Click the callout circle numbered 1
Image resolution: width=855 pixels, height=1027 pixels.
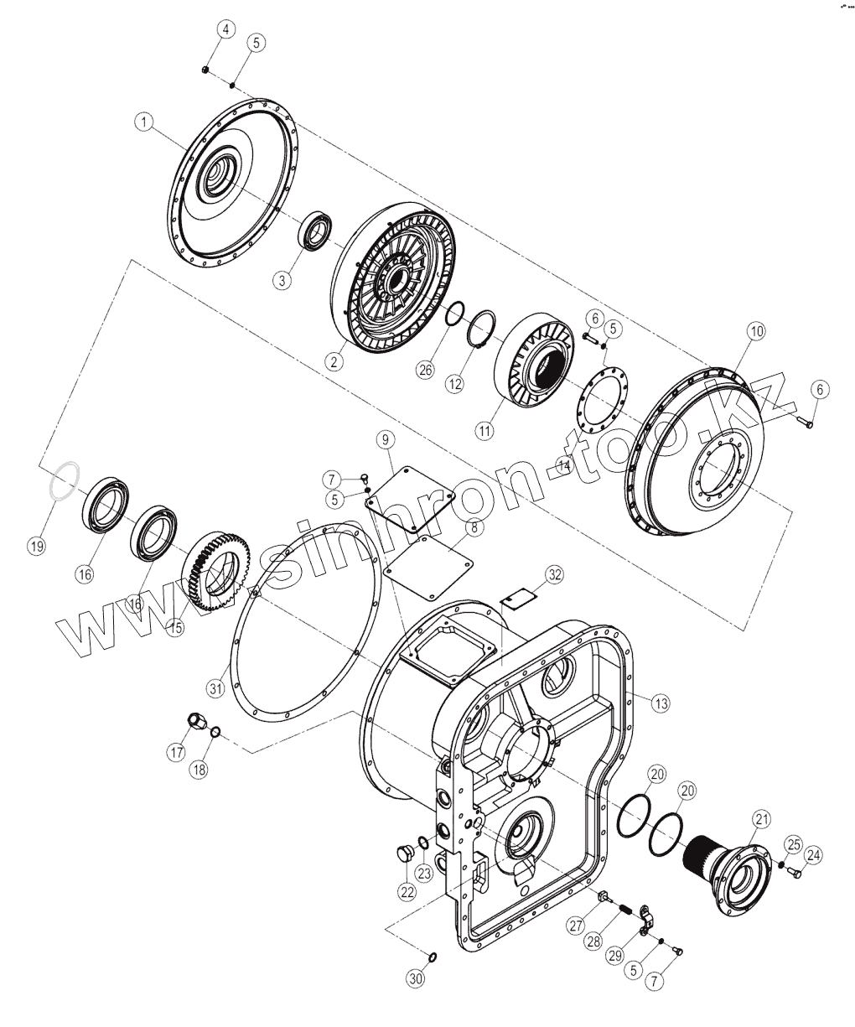[x=145, y=122]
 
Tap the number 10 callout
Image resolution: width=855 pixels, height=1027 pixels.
[x=756, y=331]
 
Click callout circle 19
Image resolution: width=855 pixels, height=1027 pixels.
[x=36, y=547]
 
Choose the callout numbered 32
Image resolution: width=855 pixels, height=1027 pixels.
[x=554, y=574]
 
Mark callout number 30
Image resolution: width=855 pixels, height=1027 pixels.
[x=417, y=978]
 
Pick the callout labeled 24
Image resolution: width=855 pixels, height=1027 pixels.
[x=813, y=855]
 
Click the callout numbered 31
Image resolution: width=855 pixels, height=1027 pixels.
[x=216, y=689]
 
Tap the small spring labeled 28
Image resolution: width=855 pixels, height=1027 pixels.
[x=624, y=910]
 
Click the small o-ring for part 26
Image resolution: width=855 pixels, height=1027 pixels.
[x=453, y=312]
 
